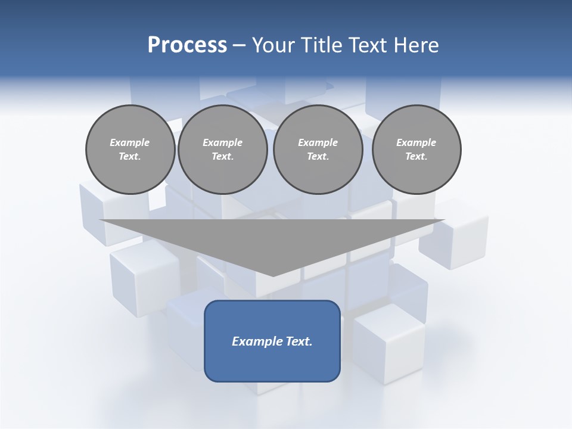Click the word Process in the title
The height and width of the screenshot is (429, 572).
(x=187, y=45)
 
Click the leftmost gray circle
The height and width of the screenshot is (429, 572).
(x=130, y=150)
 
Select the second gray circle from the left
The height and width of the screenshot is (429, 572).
(x=222, y=150)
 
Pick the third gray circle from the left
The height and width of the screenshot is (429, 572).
(x=318, y=150)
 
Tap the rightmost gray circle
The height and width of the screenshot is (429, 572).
(x=416, y=150)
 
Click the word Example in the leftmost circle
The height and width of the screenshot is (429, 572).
(x=130, y=142)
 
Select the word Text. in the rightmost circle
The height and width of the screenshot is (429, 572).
(x=416, y=157)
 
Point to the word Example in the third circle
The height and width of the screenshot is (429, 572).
(x=318, y=142)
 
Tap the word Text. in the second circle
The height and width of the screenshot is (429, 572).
(x=222, y=157)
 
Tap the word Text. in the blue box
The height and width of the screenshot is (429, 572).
(x=299, y=341)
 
